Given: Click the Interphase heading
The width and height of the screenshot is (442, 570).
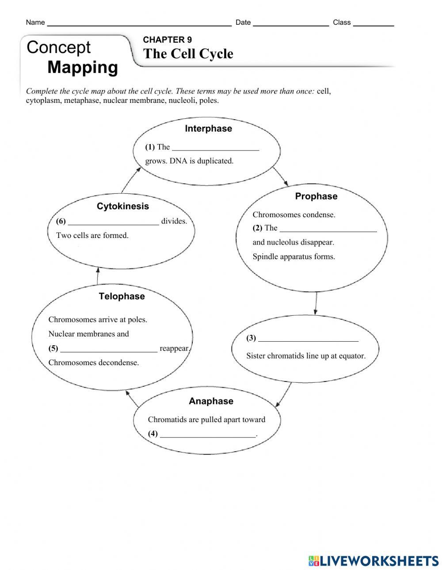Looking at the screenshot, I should coord(208,128).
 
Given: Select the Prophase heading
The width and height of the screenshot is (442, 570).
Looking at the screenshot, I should coord(316,196).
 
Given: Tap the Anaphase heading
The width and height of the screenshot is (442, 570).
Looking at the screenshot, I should coord(211,401).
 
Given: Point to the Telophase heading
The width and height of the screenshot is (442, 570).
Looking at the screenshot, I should coord(122,296).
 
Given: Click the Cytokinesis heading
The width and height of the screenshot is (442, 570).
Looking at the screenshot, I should coord(123,206).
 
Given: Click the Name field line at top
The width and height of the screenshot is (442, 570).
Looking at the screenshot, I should coord(139,25).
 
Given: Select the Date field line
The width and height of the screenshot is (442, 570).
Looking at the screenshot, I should coord(291,25).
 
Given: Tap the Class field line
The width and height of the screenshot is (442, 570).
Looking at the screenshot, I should coord(373,25).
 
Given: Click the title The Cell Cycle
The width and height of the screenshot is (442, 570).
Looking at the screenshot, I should coord(188,54).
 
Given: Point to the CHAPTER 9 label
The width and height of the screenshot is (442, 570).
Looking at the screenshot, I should coord(168,40).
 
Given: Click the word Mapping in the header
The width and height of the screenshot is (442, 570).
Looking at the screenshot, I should coord(83,68).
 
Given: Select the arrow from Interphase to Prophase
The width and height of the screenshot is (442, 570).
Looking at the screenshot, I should coord(281,176).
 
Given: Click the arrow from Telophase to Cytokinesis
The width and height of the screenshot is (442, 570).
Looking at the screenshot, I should coord(97,276).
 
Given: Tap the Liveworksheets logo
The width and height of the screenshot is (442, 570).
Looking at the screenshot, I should coord(373,561).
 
